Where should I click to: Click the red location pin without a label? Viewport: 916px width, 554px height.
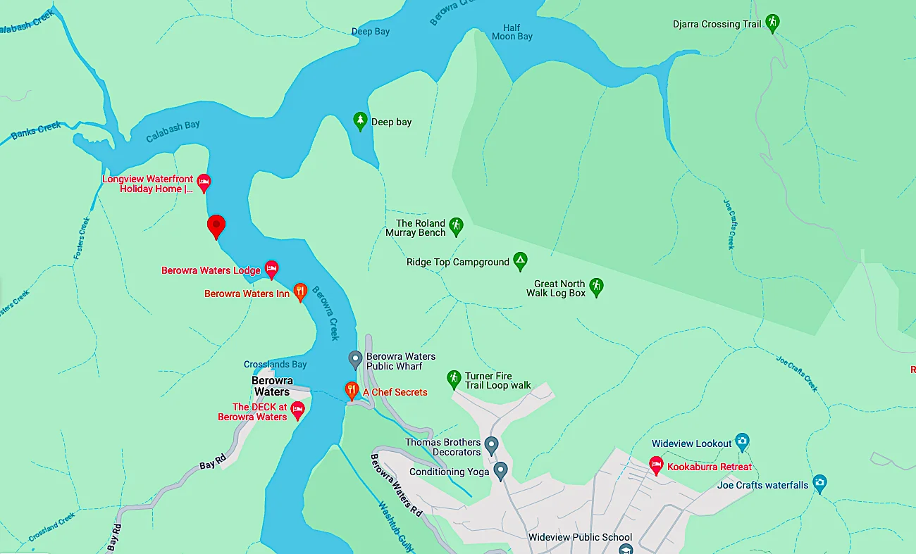(x=216, y=226)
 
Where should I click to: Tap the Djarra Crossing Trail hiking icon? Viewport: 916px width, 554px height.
(x=773, y=23)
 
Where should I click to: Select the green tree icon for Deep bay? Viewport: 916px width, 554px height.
(x=360, y=121)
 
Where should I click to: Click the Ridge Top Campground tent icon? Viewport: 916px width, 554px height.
(x=520, y=261)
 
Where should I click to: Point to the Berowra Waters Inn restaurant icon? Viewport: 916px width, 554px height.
(x=300, y=292)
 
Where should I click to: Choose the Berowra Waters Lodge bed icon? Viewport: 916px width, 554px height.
(x=271, y=269)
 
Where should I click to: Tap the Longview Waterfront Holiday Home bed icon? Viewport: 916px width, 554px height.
(x=204, y=183)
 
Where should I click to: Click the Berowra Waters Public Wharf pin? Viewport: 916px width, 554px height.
(x=356, y=360)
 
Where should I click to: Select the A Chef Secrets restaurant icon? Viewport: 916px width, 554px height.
(x=351, y=391)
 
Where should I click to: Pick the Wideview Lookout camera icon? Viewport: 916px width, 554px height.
(x=741, y=442)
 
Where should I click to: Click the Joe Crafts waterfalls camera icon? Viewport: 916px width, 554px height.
(x=819, y=484)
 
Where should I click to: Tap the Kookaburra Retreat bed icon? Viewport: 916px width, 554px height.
(x=656, y=465)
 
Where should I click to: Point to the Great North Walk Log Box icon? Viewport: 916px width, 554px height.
(x=596, y=287)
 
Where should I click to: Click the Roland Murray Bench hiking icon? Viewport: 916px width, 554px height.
(x=456, y=226)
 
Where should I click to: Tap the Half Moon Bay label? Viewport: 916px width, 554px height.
(x=512, y=32)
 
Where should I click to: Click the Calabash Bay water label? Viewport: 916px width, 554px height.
(x=173, y=131)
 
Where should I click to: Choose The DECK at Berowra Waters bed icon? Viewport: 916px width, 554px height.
(x=297, y=410)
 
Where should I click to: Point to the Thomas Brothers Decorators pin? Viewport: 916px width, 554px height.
(x=492, y=445)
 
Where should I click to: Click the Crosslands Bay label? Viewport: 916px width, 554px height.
(x=276, y=364)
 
